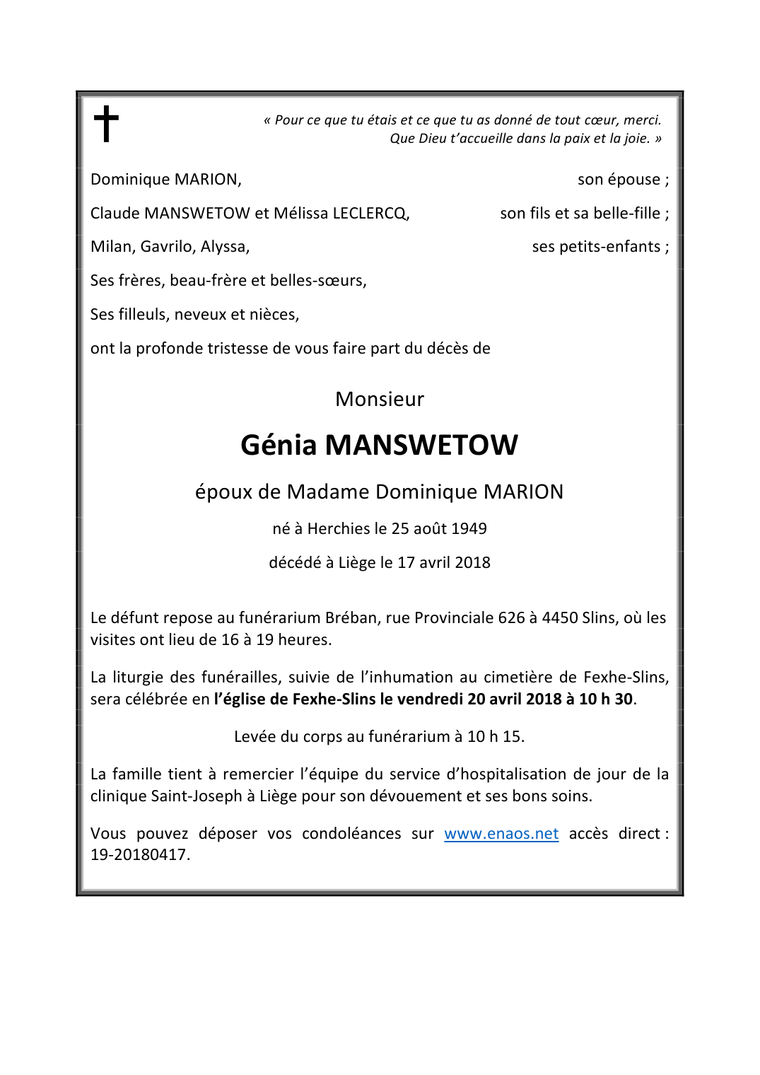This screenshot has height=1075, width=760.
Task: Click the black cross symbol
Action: tap(106, 124)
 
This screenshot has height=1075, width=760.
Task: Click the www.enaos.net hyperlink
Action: tap(501, 834)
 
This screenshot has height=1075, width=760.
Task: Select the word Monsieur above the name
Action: tap(380, 400)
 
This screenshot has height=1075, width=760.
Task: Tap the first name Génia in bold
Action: tap(279, 446)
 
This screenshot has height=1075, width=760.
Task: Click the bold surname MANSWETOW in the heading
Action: tap(421, 446)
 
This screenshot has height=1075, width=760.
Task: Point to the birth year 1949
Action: tap(469, 529)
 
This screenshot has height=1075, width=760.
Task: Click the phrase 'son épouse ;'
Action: tap(623, 180)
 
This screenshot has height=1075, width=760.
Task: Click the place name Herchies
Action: tap(338, 529)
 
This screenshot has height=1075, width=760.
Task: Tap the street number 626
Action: tap(511, 618)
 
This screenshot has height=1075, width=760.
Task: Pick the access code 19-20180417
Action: tap(139, 855)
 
